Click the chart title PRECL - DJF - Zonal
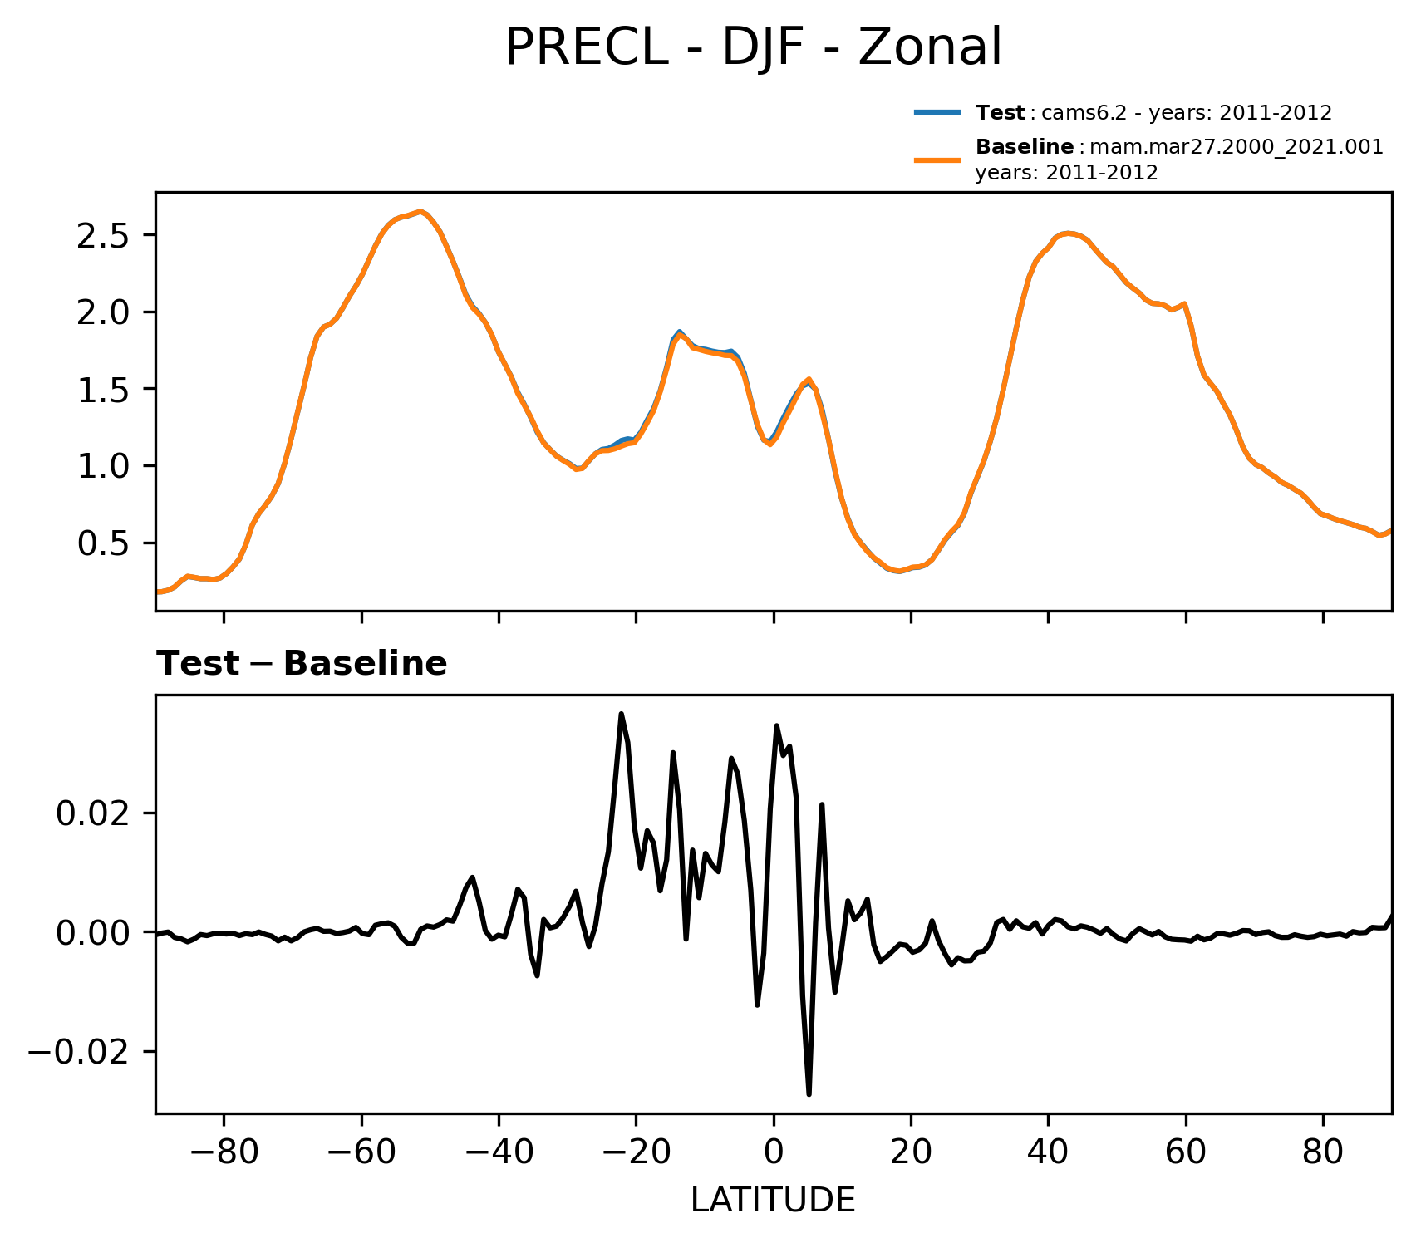pyautogui.click(x=753, y=47)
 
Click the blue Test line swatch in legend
pyautogui.click(x=937, y=112)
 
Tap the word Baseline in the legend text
pyautogui.click(x=1024, y=147)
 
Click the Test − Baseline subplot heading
pyautogui.click(x=302, y=664)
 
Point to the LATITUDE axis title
pyautogui.click(x=773, y=1201)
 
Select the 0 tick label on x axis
pyautogui.click(x=774, y=1154)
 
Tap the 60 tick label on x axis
pyautogui.click(x=1186, y=1154)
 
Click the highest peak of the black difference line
pyautogui.click(x=621, y=714)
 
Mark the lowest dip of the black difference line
pyautogui.click(x=809, y=1093)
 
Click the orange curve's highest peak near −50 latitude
pyautogui.click(x=421, y=211)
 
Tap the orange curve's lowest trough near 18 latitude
pyautogui.click(x=899, y=572)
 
